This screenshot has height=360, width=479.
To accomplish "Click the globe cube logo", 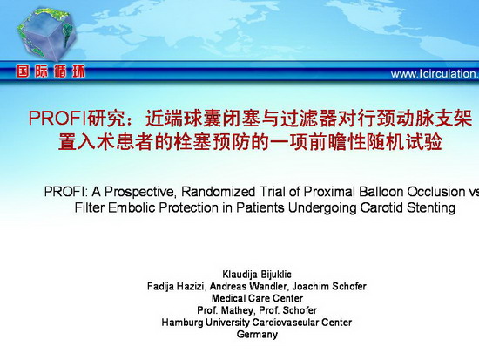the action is [x=46, y=34].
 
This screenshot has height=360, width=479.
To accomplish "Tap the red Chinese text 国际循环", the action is [x=51, y=71].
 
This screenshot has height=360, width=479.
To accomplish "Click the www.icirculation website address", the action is [x=435, y=74].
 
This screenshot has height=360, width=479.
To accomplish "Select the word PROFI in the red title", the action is [x=57, y=118].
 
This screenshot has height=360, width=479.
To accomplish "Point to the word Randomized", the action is [x=218, y=192].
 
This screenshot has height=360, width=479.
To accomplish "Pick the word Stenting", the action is [x=431, y=208].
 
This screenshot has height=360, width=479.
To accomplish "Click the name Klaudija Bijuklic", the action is [x=257, y=274].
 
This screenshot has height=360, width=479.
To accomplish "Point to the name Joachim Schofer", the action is [x=329, y=286].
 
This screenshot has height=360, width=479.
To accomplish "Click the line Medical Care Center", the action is [x=257, y=298].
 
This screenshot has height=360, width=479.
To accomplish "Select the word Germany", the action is [x=257, y=335].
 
